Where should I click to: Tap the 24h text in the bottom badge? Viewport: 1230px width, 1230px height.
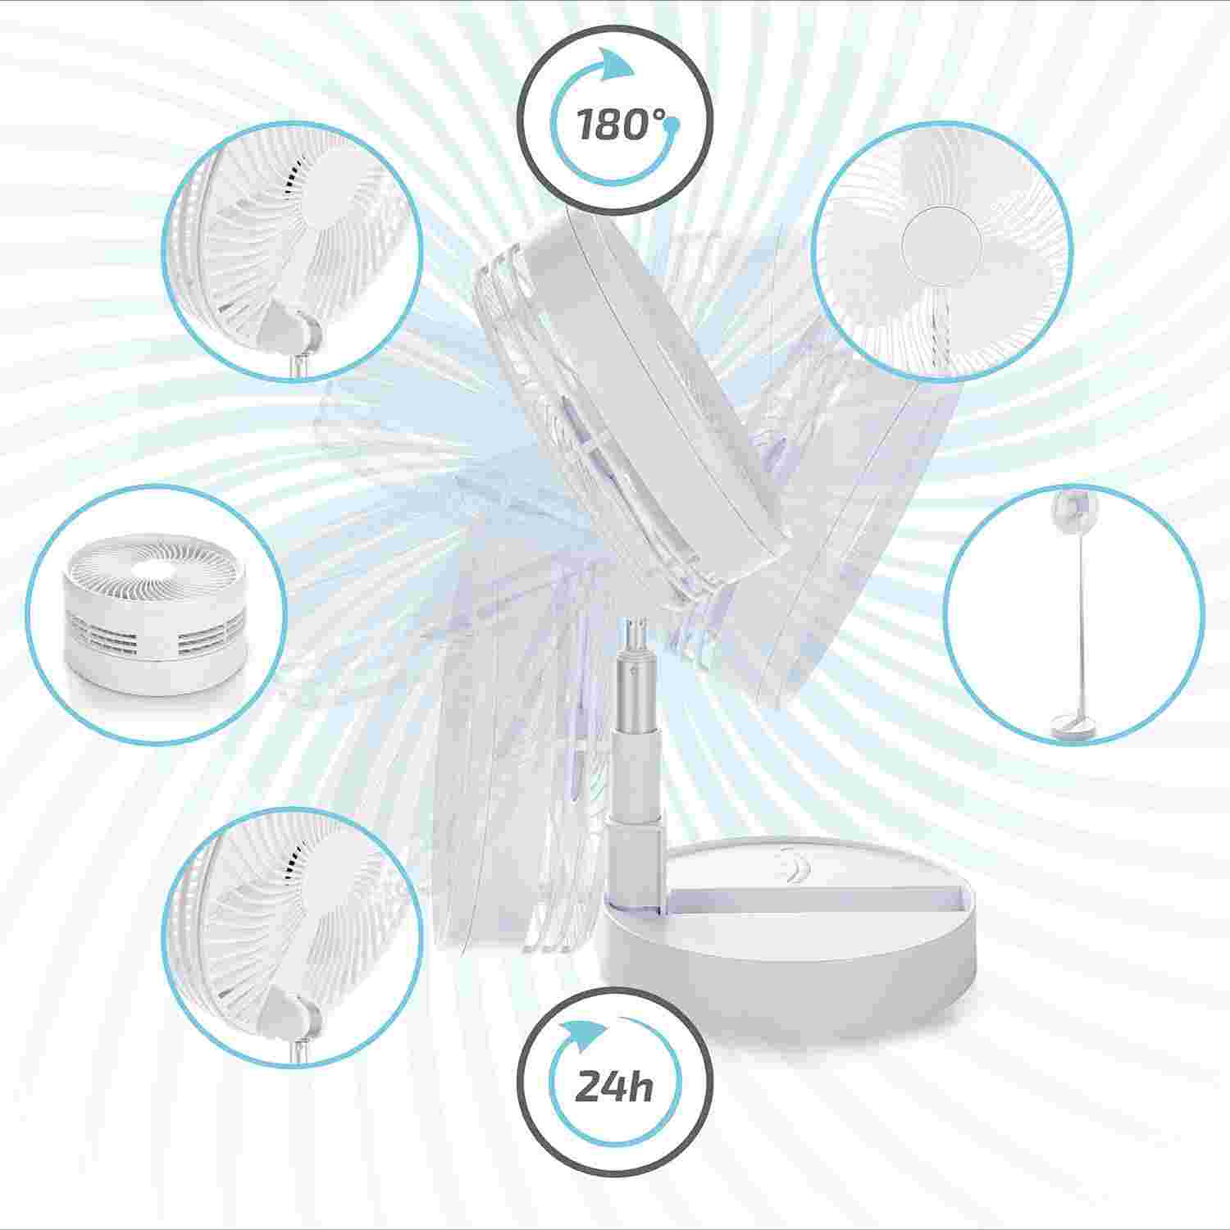pyautogui.click(x=614, y=1087)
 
